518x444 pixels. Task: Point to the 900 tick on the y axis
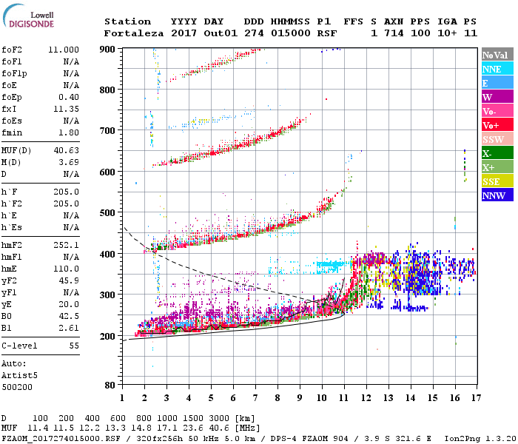pyautogui.click(x=108, y=49)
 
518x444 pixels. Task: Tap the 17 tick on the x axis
pyautogui.click(x=474, y=397)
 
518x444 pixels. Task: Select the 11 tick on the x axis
pyautogui.click(x=342, y=397)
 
